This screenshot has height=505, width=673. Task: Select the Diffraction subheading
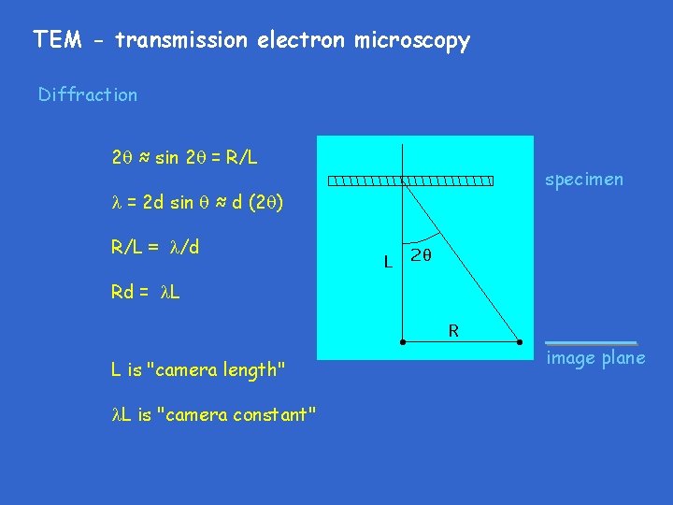(88, 94)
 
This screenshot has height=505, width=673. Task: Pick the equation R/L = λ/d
(155, 248)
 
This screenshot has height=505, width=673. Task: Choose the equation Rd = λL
(146, 292)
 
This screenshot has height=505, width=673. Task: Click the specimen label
(583, 180)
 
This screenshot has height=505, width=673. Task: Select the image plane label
(595, 359)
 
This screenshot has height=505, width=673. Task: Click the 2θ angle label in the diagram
(422, 254)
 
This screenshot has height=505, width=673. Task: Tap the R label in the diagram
(453, 329)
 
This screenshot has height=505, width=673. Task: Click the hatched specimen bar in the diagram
(410, 180)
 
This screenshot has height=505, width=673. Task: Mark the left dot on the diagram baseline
(403, 342)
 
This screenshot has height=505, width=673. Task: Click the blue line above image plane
(591, 343)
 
